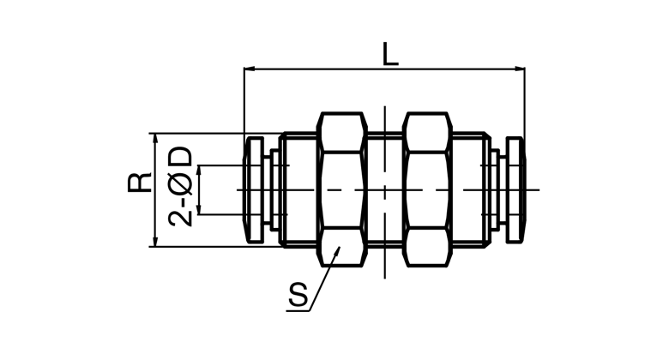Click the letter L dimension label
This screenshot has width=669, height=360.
[390, 54]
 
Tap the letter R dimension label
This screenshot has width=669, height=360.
[140, 182]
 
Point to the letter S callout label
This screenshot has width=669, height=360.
[298, 294]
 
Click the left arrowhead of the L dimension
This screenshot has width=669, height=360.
[250, 69]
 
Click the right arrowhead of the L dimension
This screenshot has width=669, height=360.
[519, 69]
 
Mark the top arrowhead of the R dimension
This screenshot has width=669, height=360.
[155, 139]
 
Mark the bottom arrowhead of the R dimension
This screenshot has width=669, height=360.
[155, 241]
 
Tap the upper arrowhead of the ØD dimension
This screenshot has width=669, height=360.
[199, 171]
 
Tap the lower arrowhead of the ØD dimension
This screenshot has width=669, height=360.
[199, 208]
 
